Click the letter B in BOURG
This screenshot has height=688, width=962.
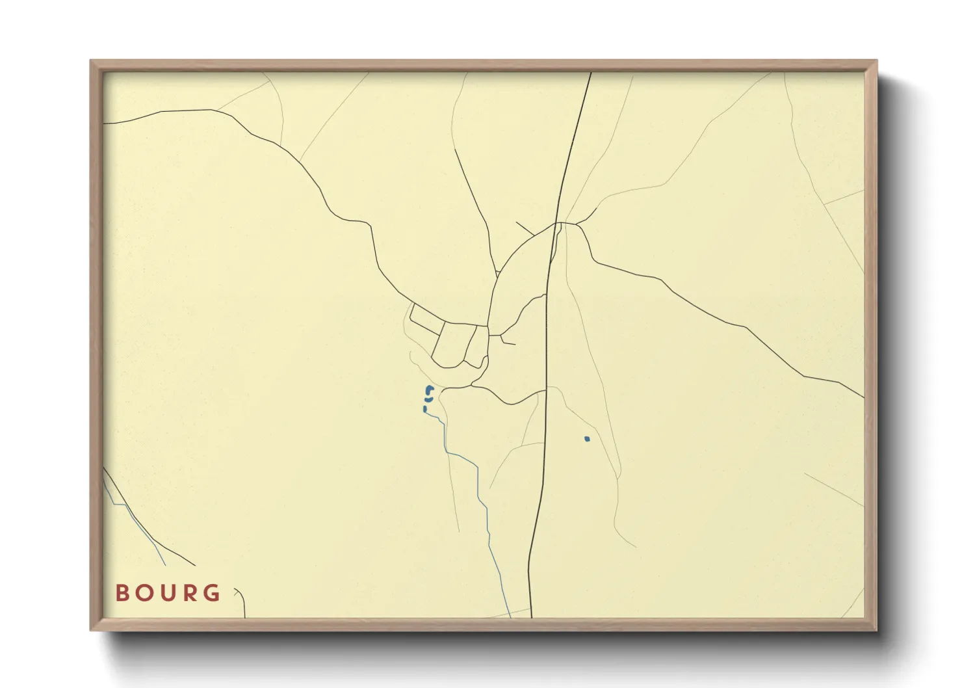pos(121,593)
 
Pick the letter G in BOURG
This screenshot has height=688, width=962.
pos(211,593)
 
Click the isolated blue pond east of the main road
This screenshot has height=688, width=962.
pos(587,439)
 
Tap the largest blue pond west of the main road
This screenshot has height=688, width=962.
pos(429,390)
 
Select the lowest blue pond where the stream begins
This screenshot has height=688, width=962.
pos(424,409)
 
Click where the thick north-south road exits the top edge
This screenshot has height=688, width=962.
pos(590,73)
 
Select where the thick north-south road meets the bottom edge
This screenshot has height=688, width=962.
pos(531,616)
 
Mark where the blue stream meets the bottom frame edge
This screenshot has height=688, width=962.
pos(510,616)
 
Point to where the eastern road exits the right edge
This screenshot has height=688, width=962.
pos(863,397)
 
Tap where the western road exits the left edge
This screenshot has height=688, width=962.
pos(104,123)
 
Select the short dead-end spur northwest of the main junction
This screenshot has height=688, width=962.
pos(525,228)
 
